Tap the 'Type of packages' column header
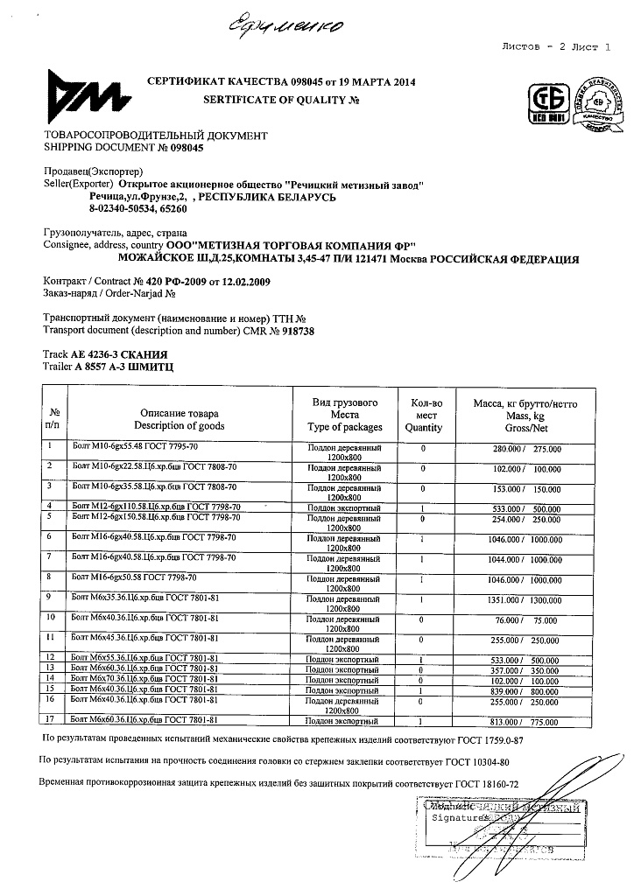[345, 427]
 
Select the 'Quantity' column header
[423, 427]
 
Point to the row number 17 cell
[53, 720]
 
